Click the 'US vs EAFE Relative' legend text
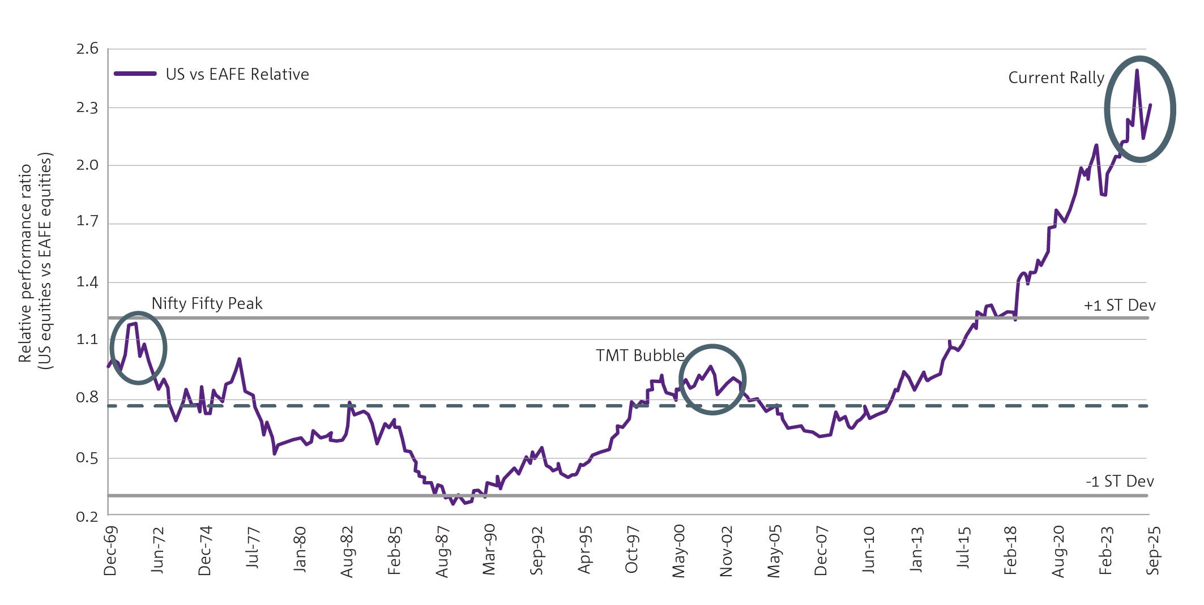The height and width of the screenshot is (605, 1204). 237,74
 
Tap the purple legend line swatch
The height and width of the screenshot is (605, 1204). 135,74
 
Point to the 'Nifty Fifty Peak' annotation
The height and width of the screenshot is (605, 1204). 207,304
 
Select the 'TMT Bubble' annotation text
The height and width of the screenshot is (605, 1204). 640,355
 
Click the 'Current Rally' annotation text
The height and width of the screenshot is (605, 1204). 1056,78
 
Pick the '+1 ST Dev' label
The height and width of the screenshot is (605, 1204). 1119,306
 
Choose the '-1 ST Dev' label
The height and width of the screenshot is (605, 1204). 1120,482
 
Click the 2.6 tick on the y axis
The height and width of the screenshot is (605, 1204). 87,49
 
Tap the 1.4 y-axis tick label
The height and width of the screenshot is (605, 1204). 87,282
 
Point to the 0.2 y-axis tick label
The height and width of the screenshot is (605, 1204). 87,516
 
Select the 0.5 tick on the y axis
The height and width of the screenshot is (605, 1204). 87,458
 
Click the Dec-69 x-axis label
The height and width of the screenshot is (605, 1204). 110,551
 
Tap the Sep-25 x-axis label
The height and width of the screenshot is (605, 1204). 1153,551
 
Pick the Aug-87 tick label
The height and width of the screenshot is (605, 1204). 442,551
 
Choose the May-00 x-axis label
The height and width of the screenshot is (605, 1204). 679,551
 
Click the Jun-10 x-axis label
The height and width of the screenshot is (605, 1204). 869,550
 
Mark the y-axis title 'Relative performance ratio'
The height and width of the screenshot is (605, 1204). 25,263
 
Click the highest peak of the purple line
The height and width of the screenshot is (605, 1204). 1137,71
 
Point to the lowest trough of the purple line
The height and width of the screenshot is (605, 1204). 453,504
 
